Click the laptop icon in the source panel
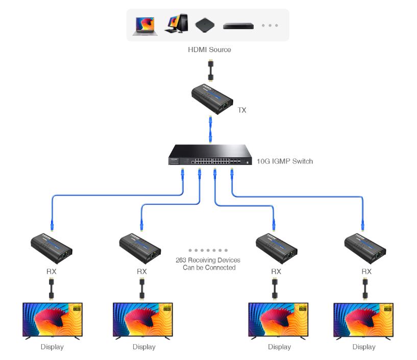(143, 25)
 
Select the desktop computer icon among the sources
(175, 24)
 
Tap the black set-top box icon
(205, 25)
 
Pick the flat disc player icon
(238, 25)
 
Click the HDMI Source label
(209, 50)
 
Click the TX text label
(242, 110)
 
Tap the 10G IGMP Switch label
(285, 161)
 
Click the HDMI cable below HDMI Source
(210, 70)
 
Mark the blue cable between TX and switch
(210, 130)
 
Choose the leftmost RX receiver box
(51, 245)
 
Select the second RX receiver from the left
(141, 245)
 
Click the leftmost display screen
(52, 320)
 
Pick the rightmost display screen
(363, 320)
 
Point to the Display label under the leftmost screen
(52, 347)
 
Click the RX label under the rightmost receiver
(366, 271)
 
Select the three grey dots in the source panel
(269, 25)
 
